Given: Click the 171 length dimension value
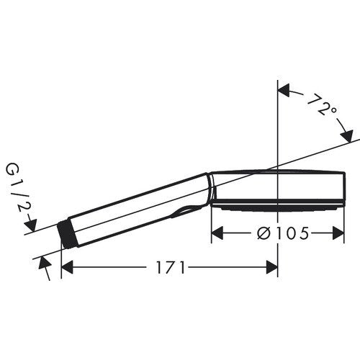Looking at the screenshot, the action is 171,267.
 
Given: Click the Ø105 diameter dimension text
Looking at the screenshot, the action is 282,233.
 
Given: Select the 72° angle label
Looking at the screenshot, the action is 322,106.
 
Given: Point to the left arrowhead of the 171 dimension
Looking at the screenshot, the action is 67,267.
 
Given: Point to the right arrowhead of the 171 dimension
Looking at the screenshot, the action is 272,267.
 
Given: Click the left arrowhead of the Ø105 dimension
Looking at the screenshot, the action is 217,233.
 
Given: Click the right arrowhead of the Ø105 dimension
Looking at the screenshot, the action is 338,233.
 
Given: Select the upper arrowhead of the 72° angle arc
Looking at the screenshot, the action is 284,90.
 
